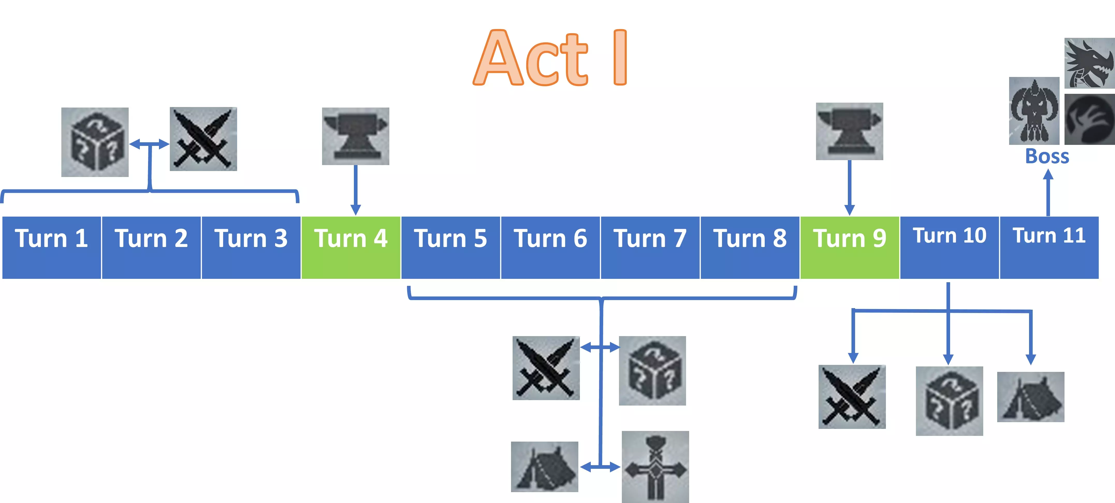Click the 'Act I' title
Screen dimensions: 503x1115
pyautogui.click(x=550, y=58)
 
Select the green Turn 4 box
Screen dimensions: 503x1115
pyautogui.click(x=351, y=247)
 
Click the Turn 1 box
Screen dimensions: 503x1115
pyautogui.click(x=52, y=247)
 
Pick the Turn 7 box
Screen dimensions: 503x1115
pyautogui.click(x=650, y=247)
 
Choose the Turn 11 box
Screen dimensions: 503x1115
pyautogui.click(x=1049, y=247)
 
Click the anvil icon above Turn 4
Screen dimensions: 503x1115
pyautogui.click(x=355, y=136)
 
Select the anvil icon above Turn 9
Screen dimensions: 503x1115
pyautogui.click(x=849, y=131)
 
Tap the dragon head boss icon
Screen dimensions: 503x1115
pyautogui.click(x=1089, y=63)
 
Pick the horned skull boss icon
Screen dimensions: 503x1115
pyautogui.click(x=1034, y=111)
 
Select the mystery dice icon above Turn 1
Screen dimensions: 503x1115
pyautogui.click(x=95, y=142)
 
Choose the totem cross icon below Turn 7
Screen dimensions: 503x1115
pyautogui.click(x=655, y=467)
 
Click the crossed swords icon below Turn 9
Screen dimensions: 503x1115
pyautogui.click(x=852, y=397)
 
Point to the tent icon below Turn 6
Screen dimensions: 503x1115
pyautogui.click(x=544, y=467)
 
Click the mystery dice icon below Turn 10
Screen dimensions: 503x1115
pyautogui.click(x=949, y=401)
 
